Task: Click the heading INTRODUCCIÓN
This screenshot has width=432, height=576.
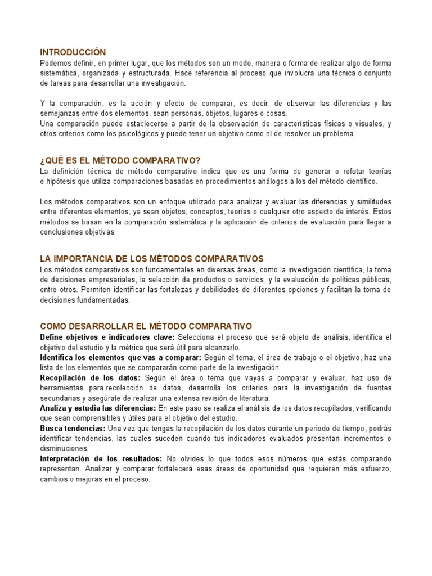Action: click(73, 52)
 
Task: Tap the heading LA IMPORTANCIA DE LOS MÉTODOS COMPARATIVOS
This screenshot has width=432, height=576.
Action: click(152, 259)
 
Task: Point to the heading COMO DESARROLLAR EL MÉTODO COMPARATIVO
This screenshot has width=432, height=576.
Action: click(146, 326)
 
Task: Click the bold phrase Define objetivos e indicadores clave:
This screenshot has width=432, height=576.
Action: click(107, 337)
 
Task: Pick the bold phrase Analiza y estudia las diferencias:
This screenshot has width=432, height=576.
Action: click(98, 408)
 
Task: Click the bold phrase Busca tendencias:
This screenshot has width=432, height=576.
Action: click(73, 428)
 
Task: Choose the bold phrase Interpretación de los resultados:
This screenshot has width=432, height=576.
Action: click(101, 458)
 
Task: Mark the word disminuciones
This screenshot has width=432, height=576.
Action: click(64, 448)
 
